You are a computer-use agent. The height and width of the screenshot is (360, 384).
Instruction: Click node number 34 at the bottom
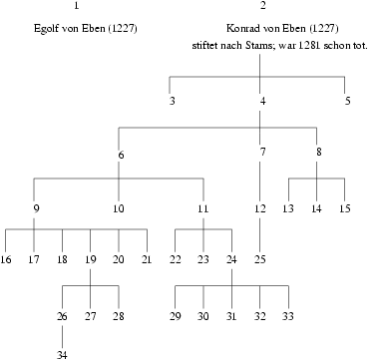coord(62,354)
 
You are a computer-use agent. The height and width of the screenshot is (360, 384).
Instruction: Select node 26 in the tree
coord(62,317)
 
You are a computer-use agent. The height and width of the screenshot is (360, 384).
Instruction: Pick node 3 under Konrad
coord(172,101)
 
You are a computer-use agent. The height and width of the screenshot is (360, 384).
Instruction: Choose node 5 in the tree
coord(348,101)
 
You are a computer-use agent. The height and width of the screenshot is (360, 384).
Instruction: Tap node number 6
coord(120,154)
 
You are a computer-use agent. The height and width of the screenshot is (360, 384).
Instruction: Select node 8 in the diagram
coord(318,154)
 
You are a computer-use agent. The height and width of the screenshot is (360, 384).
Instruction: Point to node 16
coord(6,260)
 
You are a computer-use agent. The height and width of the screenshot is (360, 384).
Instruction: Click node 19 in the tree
coord(91,260)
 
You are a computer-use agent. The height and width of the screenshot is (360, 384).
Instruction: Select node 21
coord(148,260)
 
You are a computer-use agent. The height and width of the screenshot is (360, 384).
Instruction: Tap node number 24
coord(232,260)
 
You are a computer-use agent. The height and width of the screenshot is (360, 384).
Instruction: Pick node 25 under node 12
coord(260,260)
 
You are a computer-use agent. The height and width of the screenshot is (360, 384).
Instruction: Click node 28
coord(120,317)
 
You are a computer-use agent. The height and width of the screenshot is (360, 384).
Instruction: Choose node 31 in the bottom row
coord(232,317)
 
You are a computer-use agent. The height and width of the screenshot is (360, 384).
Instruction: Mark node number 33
coord(289,317)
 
